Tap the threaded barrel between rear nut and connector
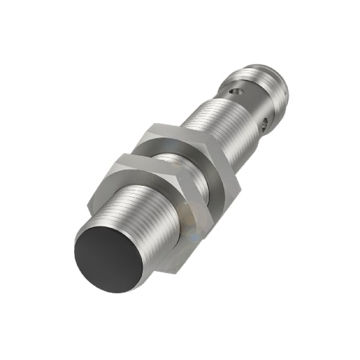point(215,124)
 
